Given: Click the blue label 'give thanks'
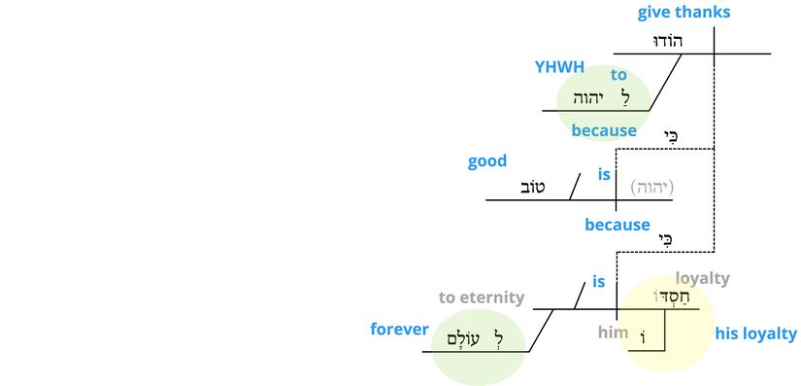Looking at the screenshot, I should pyautogui.click(x=684, y=13).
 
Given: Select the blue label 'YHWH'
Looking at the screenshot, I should pyautogui.click(x=559, y=67).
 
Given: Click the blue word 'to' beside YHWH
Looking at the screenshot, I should pyautogui.click(x=618, y=75).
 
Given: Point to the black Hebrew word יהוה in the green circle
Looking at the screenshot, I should pyautogui.click(x=590, y=97).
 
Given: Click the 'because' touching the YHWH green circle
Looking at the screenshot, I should pyautogui.click(x=604, y=130).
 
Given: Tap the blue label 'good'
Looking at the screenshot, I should pyautogui.click(x=487, y=161).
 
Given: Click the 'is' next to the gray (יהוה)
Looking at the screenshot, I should pyautogui.click(x=604, y=175).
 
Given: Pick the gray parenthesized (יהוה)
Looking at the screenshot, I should pyautogui.click(x=651, y=187).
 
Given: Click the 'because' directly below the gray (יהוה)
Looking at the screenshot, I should pyautogui.click(x=617, y=225).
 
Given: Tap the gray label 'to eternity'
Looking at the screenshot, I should pyautogui.click(x=482, y=298).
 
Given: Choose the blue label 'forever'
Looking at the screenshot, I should pyautogui.click(x=399, y=330).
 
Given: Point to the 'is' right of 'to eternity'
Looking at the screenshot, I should pyautogui.click(x=599, y=282).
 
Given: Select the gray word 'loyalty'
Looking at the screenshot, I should pyautogui.click(x=702, y=279).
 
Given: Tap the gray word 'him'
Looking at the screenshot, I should pyautogui.click(x=614, y=333).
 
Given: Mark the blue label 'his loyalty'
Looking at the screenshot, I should pyautogui.click(x=755, y=334).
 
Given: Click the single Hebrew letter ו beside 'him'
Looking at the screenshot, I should pyautogui.click(x=643, y=336).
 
